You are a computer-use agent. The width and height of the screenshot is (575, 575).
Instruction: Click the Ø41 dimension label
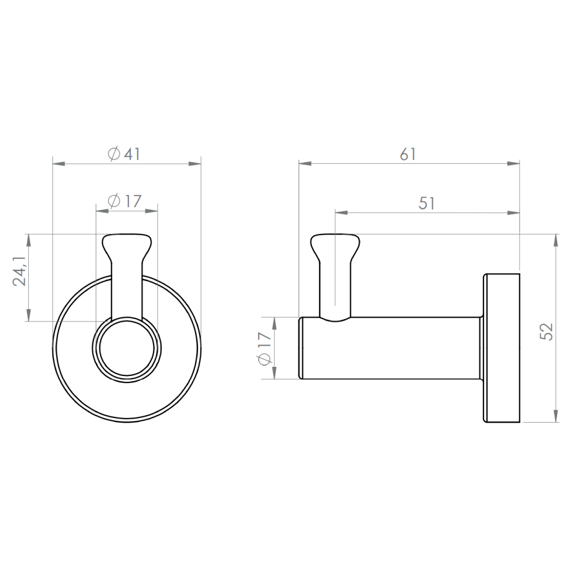tap(124, 154)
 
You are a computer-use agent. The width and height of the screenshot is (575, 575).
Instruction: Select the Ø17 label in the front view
tap(124, 201)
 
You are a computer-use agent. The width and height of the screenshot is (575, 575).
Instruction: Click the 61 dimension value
tap(408, 154)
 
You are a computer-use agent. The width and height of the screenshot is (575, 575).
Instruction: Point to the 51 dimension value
tap(426, 203)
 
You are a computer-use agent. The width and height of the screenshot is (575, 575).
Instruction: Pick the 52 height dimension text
tap(547, 331)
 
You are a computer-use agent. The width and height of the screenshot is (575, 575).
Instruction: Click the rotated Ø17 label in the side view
tap(264, 348)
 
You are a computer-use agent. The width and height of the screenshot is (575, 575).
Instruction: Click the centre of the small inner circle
tap(126, 348)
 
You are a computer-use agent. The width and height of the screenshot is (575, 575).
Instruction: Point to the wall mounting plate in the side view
tap(502, 348)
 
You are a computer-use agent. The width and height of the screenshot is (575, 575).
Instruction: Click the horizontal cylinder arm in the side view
tap(391, 348)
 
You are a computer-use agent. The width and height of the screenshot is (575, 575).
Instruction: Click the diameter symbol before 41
tap(114, 154)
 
